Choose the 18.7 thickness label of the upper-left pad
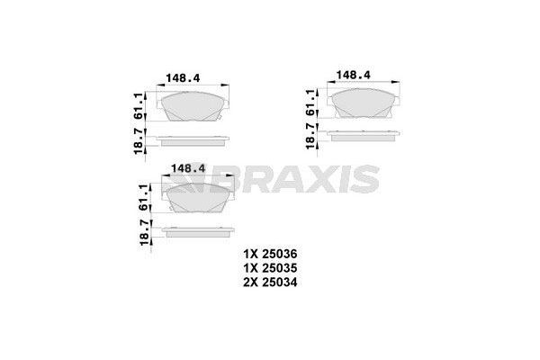pyautogui.click(x=140, y=140)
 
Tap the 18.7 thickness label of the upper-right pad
pyautogui.click(x=311, y=135)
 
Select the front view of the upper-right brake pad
pyautogui.click(x=362, y=102)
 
